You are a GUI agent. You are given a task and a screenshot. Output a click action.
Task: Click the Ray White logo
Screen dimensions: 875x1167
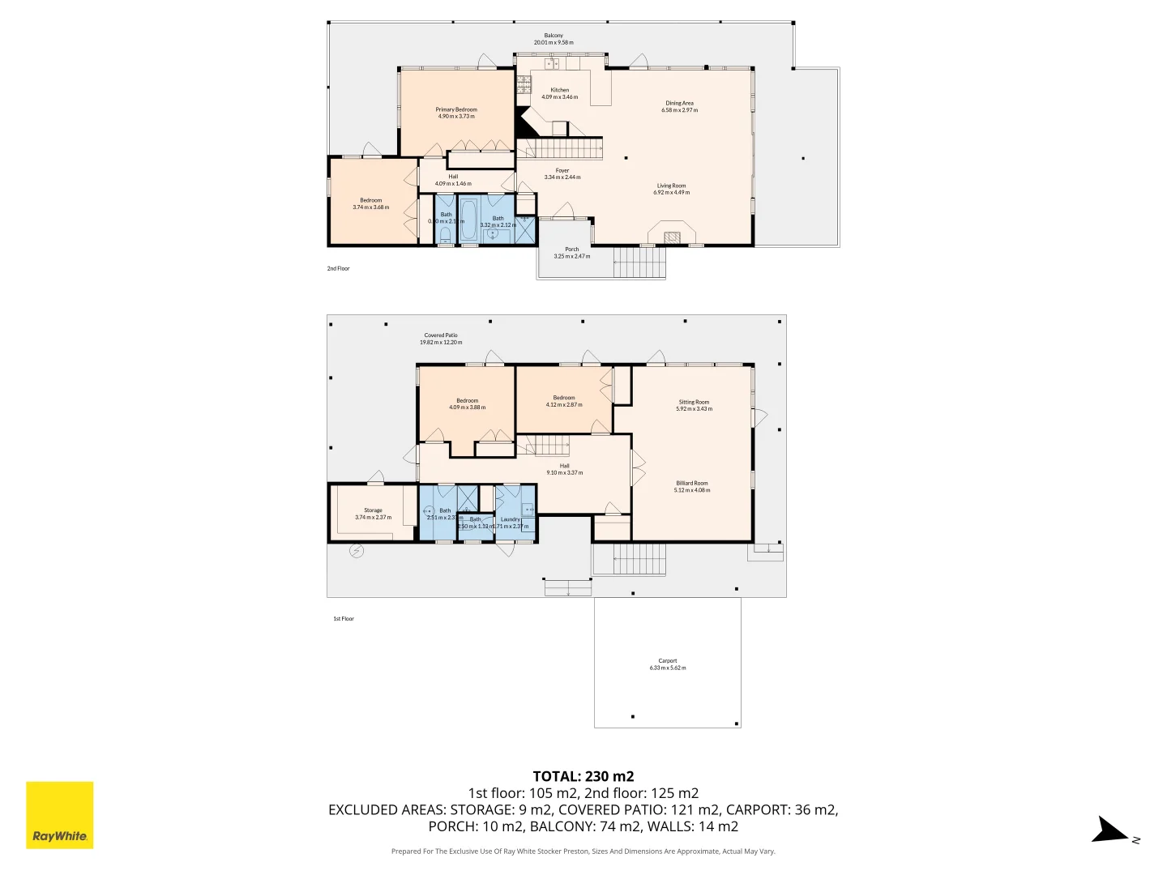tap(60, 815)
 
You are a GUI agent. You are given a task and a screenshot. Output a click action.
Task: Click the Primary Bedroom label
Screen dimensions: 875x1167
tap(456, 109)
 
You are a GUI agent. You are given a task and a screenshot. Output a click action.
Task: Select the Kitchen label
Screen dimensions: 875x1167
tap(559, 90)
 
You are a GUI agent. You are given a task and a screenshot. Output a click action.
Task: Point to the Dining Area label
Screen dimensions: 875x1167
tap(679, 103)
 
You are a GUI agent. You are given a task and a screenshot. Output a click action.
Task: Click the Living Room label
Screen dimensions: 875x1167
tap(671, 186)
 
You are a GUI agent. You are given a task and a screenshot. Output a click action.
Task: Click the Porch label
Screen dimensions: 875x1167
tap(572, 250)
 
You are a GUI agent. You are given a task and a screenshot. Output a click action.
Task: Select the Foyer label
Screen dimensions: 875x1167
tap(562, 171)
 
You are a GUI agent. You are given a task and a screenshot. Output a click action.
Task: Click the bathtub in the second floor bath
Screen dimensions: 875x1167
tap(469, 219)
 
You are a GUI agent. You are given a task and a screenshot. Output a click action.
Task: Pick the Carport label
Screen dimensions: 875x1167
tap(667, 661)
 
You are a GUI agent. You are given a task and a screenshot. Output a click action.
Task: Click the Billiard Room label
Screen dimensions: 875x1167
tap(691, 483)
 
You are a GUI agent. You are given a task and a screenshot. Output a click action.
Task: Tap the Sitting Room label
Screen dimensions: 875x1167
tap(694, 402)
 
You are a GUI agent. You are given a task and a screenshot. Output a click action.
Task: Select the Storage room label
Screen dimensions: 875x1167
tap(373, 510)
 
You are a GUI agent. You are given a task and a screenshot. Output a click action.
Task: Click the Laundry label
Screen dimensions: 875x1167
tap(511, 519)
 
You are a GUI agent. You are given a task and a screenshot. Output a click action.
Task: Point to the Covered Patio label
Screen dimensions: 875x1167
tap(441, 335)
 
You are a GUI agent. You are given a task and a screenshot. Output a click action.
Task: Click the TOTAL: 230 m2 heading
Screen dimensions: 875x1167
tap(583, 776)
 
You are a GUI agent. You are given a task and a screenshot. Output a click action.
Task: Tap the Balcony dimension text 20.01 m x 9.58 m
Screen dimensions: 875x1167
tap(554, 42)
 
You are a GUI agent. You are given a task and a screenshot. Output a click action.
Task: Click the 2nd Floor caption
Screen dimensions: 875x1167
tap(339, 268)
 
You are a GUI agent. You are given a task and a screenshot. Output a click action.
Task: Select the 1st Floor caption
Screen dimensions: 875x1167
tap(344, 619)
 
